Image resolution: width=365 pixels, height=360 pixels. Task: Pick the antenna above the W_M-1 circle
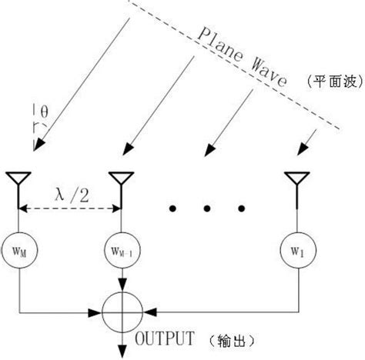pos(119,181)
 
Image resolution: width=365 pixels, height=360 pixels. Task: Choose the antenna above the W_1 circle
pos(293,181)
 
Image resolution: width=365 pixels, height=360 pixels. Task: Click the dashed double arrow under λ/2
pos(70,206)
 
